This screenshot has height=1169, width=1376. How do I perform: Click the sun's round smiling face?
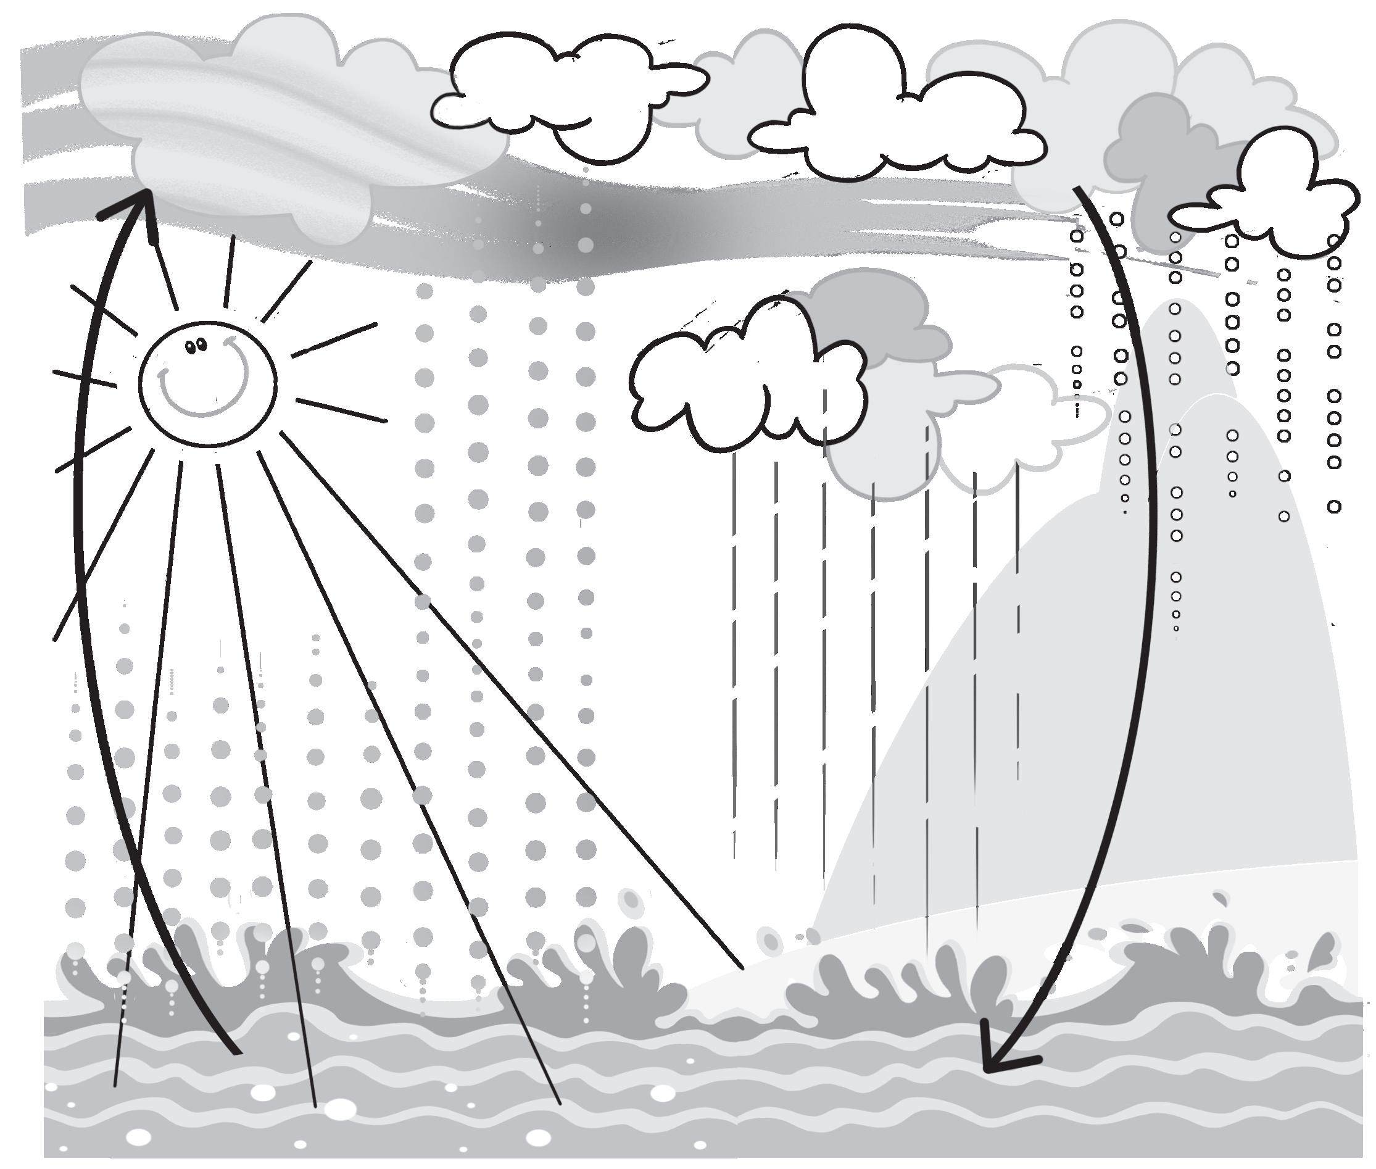pos(207,385)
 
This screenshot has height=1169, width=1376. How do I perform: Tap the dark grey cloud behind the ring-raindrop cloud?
pos(1159,152)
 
